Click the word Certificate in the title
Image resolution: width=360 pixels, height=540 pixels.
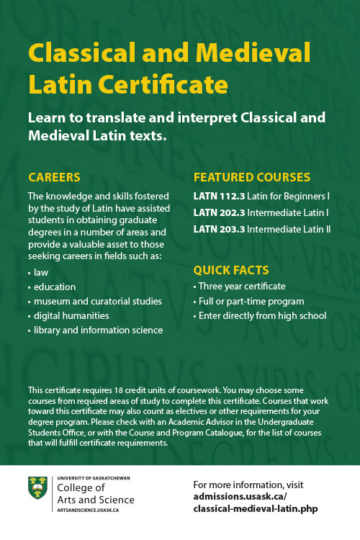(x=172, y=85)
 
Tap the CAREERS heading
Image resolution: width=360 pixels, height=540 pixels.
(x=54, y=177)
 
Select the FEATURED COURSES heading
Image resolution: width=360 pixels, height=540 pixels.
(x=252, y=177)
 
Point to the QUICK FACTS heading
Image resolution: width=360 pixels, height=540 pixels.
(x=231, y=270)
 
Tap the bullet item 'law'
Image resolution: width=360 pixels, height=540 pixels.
(x=40, y=274)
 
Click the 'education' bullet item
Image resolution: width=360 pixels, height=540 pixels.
(x=54, y=287)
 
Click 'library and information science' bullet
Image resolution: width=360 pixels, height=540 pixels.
(x=98, y=330)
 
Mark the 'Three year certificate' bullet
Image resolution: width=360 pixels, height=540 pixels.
(x=242, y=287)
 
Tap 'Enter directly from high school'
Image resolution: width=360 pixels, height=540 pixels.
(x=263, y=315)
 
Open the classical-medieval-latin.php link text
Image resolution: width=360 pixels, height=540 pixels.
(x=256, y=508)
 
